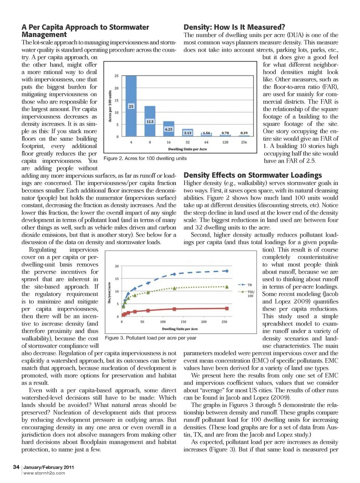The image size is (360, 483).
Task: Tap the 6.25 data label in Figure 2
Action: [169, 129]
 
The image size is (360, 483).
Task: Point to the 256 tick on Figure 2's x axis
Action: [244, 142]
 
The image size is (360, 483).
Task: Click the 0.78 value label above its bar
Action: [225, 133]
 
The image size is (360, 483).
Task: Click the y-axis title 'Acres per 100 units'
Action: [110, 106]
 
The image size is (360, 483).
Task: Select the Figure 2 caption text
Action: [145, 159]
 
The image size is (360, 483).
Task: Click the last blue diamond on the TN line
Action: [226, 271]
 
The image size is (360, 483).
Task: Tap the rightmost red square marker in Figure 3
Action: [227, 308]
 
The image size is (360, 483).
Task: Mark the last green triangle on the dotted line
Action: [227, 287]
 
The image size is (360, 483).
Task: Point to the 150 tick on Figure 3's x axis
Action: [183, 322]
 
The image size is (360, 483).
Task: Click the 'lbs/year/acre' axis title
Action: [109, 293]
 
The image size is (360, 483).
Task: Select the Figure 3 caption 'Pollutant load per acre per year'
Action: [151, 338]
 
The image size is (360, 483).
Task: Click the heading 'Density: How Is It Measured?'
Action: [234, 27]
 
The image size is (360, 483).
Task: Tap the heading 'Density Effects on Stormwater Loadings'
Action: [252, 175]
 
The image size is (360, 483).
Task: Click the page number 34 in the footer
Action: [16, 467]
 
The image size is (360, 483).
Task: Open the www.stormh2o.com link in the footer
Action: [44, 473]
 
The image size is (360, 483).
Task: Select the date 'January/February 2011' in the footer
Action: [49, 467]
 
